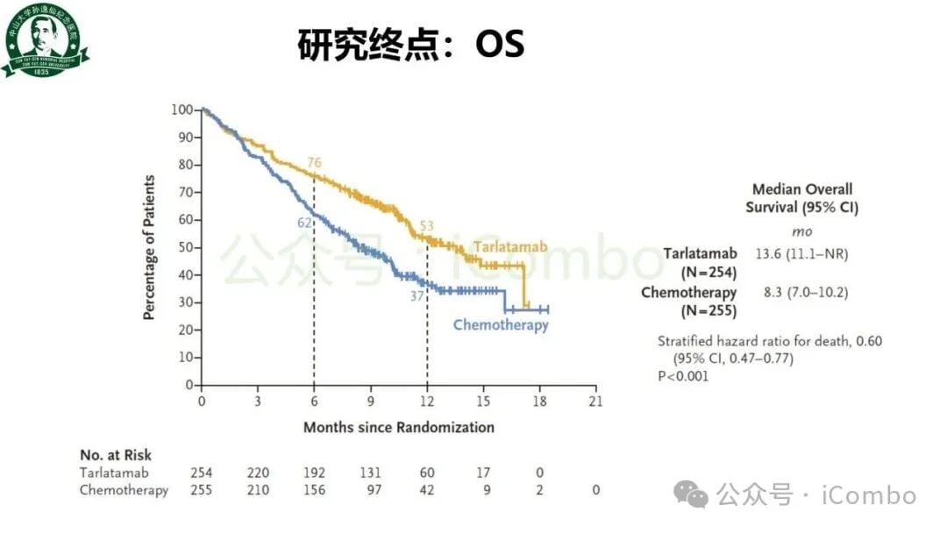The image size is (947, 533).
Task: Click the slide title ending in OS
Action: click(411, 44)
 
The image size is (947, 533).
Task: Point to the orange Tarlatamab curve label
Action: click(510, 248)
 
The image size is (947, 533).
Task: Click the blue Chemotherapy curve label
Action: click(500, 325)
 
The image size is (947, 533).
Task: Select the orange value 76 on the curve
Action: click(314, 163)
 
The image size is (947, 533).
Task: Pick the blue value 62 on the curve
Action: click(304, 223)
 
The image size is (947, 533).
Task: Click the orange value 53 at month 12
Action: click(426, 227)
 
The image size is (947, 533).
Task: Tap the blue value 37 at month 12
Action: click(417, 296)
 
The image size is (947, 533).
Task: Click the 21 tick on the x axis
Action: click(595, 401)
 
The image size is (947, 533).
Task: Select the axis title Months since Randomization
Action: click(398, 428)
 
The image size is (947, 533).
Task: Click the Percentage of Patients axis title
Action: click(149, 248)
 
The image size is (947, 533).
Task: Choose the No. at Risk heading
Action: click(116, 455)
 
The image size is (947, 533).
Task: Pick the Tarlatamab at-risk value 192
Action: click(314, 473)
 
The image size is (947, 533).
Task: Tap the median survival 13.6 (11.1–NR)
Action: click(801, 254)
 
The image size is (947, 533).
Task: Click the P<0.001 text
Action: click(683, 376)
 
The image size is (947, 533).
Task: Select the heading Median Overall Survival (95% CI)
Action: click(801, 198)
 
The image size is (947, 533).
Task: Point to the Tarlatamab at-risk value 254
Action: click(202, 473)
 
